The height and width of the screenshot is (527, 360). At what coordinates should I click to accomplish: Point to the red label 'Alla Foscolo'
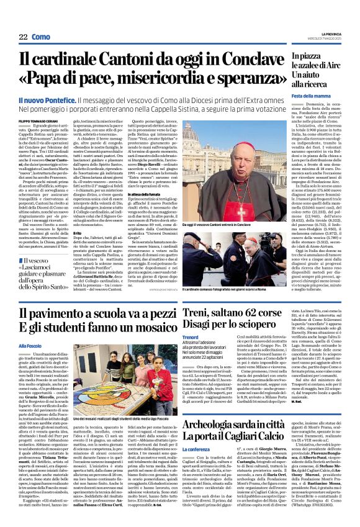30,346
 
